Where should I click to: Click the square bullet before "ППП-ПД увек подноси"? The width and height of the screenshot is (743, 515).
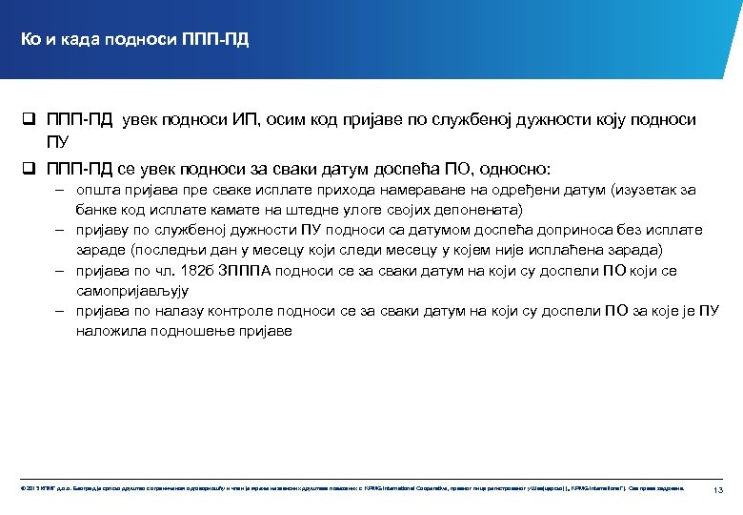(x=30, y=120)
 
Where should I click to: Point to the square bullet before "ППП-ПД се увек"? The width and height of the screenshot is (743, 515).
(x=30, y=170)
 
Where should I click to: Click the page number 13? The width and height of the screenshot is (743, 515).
(x=718, y=489)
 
